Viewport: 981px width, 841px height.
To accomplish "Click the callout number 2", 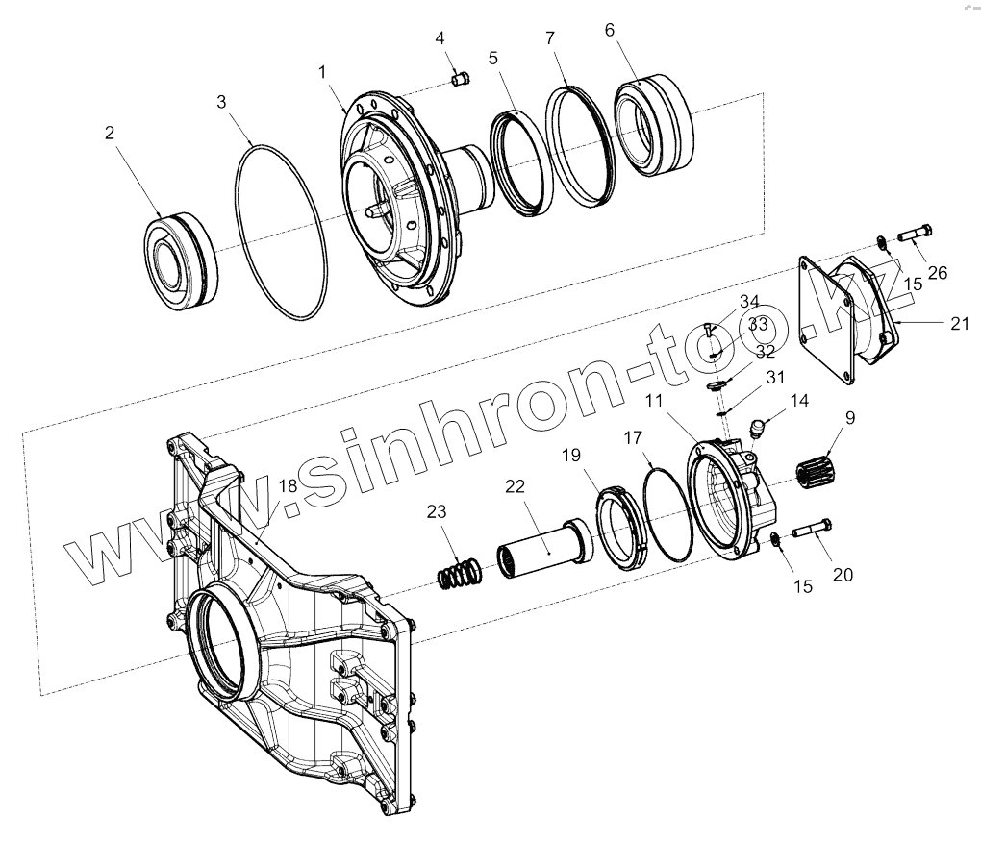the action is coord(110,133).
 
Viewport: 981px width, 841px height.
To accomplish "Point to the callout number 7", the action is coord(550,38).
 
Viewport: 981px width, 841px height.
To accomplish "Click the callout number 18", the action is coord(288,487).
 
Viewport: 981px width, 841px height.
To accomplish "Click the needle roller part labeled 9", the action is coord(817,473).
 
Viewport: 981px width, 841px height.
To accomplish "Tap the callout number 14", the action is coord(798,401).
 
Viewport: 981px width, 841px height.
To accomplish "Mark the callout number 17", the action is coord(632,438).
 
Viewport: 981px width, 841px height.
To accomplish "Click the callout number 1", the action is coord(322,72).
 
